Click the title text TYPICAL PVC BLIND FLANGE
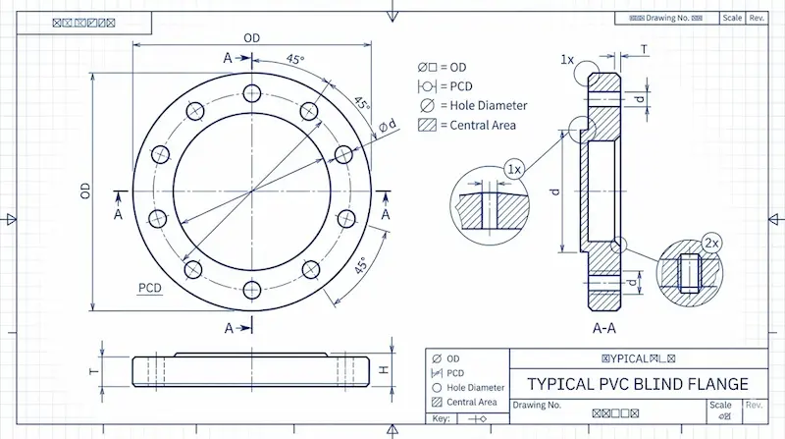(x=638, y=383)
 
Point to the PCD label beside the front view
(x=149, y=288)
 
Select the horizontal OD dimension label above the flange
(x=252, y=37)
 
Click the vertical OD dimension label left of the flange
(x=85, y=190)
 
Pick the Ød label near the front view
(x=388, y=125)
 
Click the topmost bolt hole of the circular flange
(x=252, y=93)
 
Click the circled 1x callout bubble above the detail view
(x=512, y=169)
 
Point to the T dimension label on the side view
(x=94, y=371)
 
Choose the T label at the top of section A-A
(x=644, y=48)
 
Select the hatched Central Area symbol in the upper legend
(x=427, y=125)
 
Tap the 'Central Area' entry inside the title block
(x=472, y=402)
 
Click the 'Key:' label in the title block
(x=441, y=419)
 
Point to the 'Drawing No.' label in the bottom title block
(x=537, y=405)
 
